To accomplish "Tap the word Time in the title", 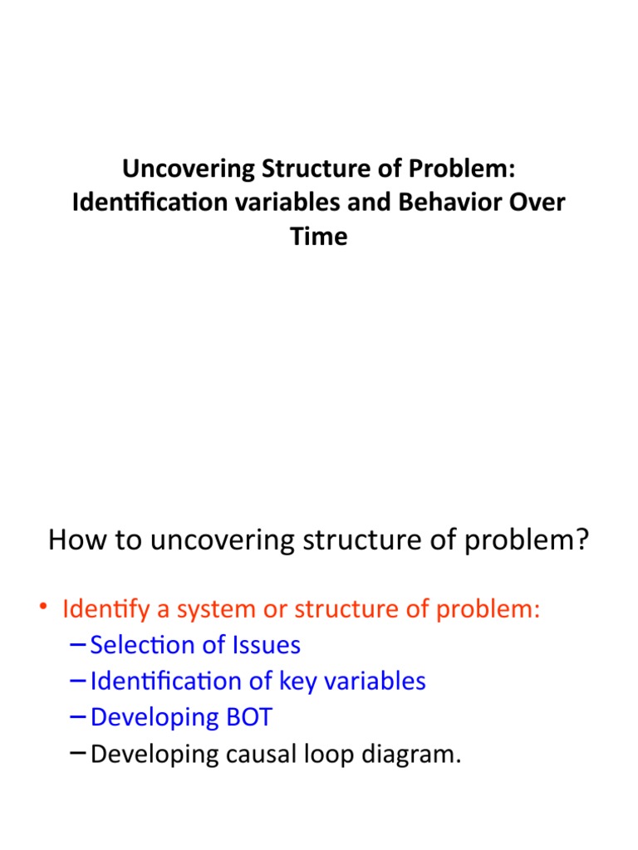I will (x=319, y=237).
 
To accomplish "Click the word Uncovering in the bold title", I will (x=190, y=169).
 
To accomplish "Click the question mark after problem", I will (x=582, y=540).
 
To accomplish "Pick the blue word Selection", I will (x=141, y=645).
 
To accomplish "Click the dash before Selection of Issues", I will (x=76, y=645).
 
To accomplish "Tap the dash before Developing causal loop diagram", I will (x=76, y=753).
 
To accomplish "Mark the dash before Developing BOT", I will (x=76, y=717).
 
